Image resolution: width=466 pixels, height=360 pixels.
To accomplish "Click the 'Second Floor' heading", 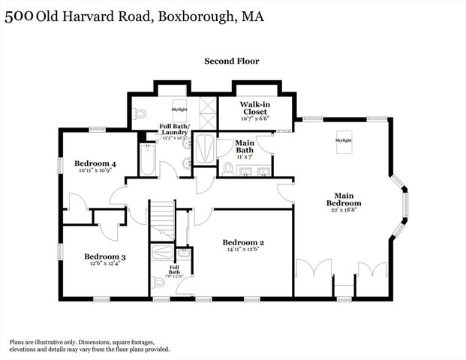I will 232,61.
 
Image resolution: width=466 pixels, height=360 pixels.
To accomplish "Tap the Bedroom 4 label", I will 95,163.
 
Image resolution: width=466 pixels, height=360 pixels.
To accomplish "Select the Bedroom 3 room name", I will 104,257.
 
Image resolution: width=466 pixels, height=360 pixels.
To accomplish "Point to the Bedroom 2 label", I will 243,242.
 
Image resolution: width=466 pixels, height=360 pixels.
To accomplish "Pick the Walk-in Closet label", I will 254,108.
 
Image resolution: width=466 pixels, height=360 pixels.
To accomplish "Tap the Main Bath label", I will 245,145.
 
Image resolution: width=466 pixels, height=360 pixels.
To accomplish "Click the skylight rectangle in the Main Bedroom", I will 343,144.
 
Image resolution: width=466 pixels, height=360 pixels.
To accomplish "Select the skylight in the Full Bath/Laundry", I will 180,109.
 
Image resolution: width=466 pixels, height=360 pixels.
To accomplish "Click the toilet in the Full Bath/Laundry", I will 140,115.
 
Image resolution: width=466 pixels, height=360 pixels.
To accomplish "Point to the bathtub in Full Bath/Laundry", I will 146,159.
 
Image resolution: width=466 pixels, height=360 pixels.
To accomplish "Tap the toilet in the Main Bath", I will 228,168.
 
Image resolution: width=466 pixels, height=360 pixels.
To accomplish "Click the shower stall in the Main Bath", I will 203,148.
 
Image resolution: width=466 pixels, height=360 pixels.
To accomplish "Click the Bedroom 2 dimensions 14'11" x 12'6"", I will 243,250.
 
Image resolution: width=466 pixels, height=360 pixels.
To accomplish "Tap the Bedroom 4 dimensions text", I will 95,171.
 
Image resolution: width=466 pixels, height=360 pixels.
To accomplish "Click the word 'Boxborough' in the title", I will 193,16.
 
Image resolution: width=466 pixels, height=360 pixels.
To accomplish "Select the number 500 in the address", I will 20,16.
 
